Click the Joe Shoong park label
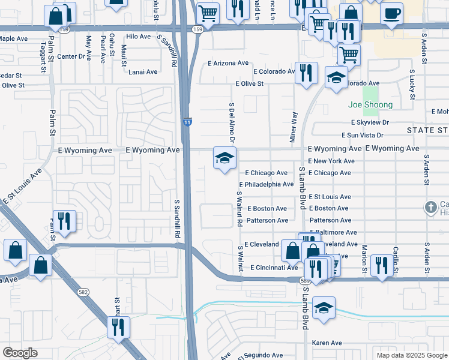tap(370, 105)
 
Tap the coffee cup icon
tap(392, 13)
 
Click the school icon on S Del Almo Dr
tap(225, 158)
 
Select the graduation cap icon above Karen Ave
tap(324, 307)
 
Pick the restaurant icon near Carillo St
tap(382, 265)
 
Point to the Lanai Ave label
tap(143, 72)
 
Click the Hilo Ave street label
tap(138, 37)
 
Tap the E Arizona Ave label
tap(228, 63)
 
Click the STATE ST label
tap(427, 130)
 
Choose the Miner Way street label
tap(294, 126)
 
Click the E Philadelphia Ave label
tap(266, 185)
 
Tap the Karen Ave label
tap(327, 343)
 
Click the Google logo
tap(20, 353)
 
